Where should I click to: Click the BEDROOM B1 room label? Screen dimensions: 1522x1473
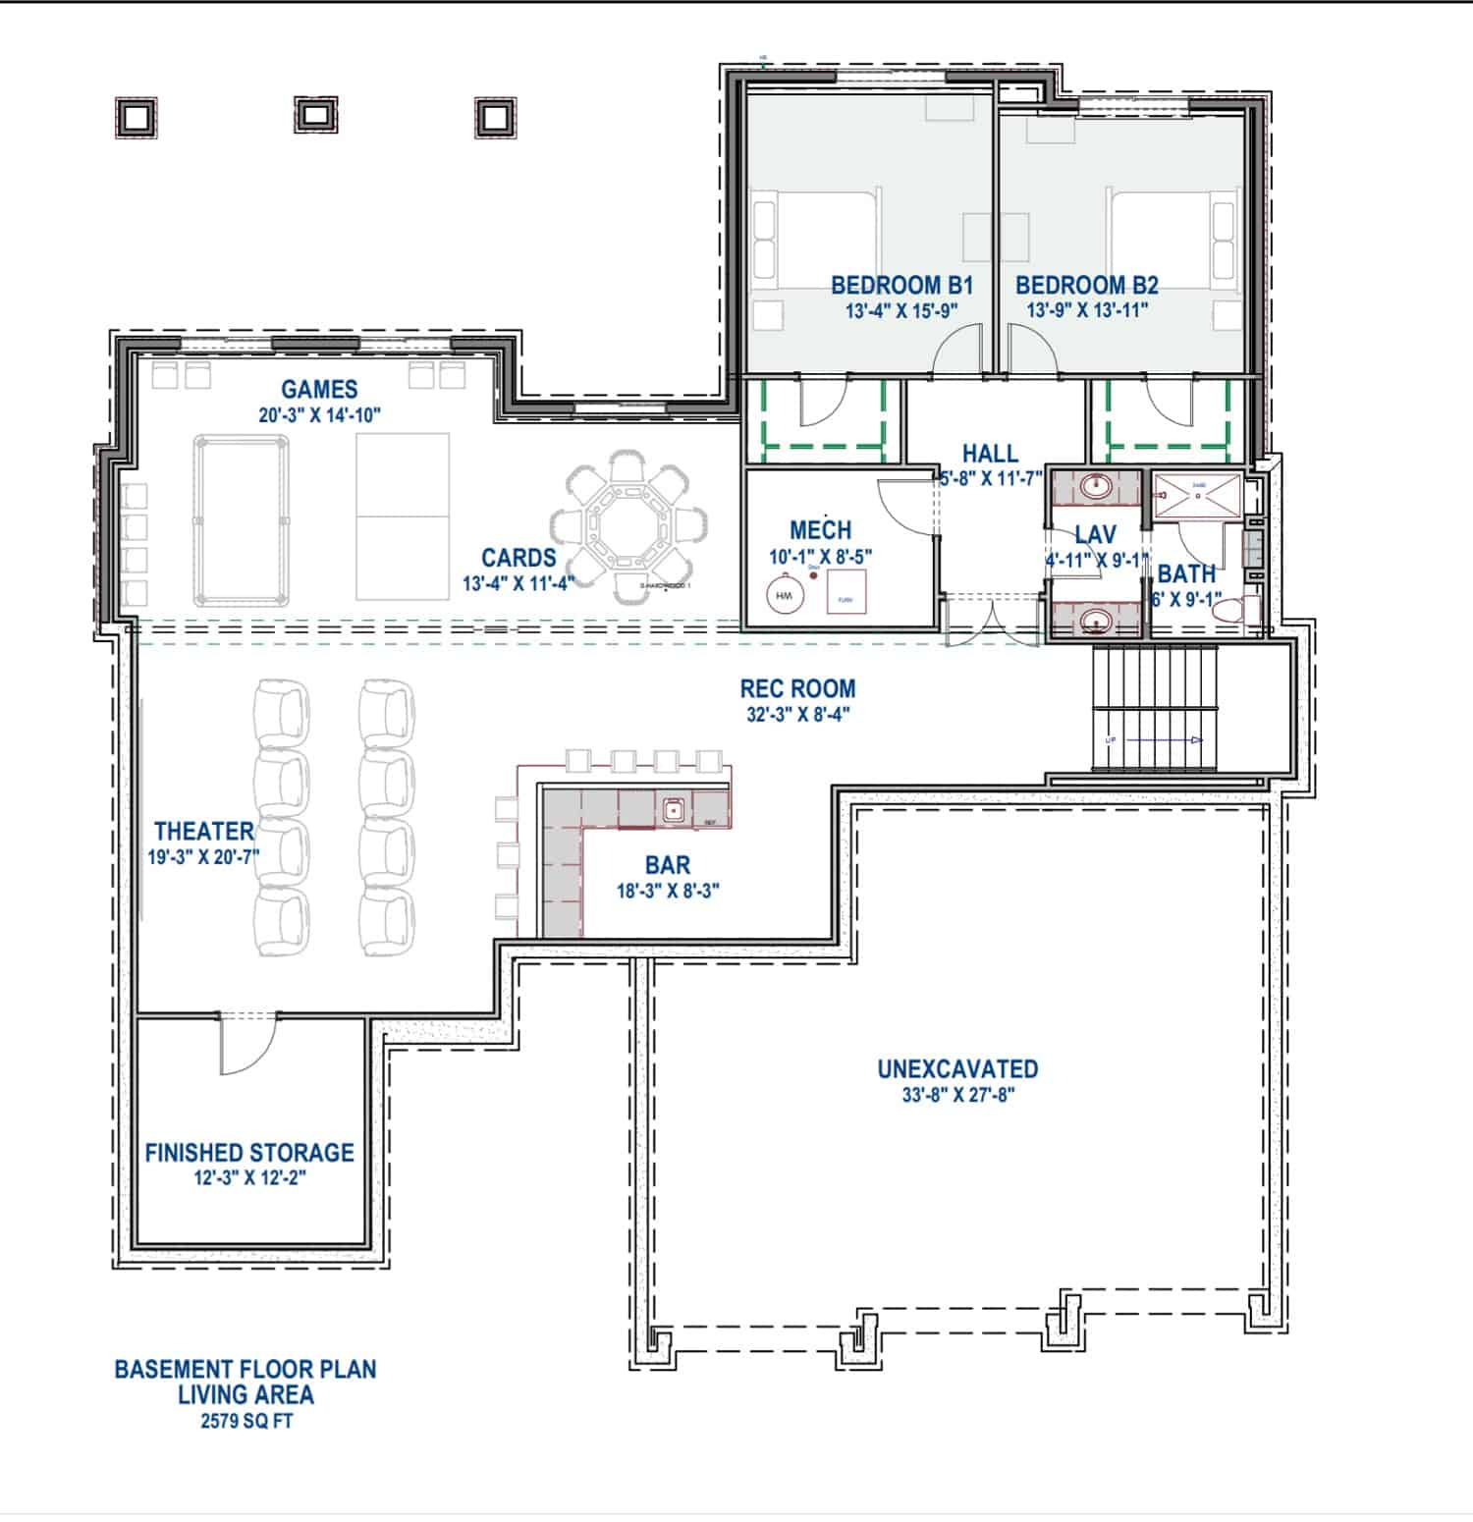point(900,286)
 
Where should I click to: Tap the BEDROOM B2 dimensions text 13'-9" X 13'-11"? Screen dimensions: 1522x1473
point(1087,310)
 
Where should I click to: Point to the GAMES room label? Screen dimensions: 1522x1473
point(319,390)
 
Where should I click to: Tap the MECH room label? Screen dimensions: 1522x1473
point(820,531)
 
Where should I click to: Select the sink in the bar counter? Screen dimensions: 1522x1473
point(674,809)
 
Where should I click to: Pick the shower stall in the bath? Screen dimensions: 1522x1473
point(1196,495)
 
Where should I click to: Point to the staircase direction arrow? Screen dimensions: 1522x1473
point(1164,739)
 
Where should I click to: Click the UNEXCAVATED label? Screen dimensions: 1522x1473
point(957,1068)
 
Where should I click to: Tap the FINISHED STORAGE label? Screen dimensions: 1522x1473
point(249,1152)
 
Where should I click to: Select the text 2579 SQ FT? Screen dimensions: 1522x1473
point(245,1421)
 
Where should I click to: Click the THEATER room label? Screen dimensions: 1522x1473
point(203,832)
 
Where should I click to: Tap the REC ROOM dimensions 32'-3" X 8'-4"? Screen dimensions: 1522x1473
point(797,715)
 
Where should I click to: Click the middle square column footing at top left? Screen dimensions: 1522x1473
point(314,115)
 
